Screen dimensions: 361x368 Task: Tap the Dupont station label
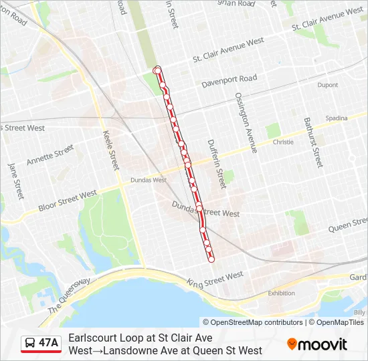coord(327,85)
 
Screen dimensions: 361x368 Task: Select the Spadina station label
coord(337,118)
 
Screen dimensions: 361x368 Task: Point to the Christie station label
coord(283,142)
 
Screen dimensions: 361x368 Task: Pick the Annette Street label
coord(50,155)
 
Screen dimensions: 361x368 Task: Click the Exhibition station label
coord(281,293)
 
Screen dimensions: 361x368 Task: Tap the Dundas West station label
coord(148,180)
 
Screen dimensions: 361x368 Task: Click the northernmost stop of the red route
coord(157,70)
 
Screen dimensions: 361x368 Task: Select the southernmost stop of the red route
coord(212,259)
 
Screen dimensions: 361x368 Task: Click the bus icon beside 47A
coord(31,344)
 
